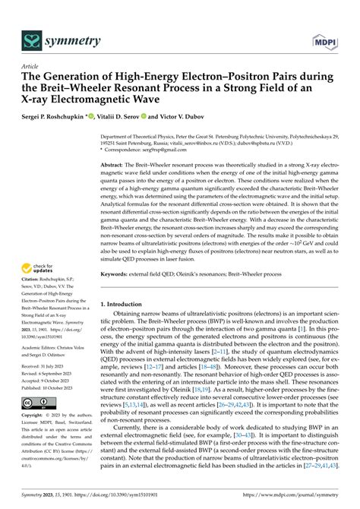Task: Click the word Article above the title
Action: click(x=30, y=66)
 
